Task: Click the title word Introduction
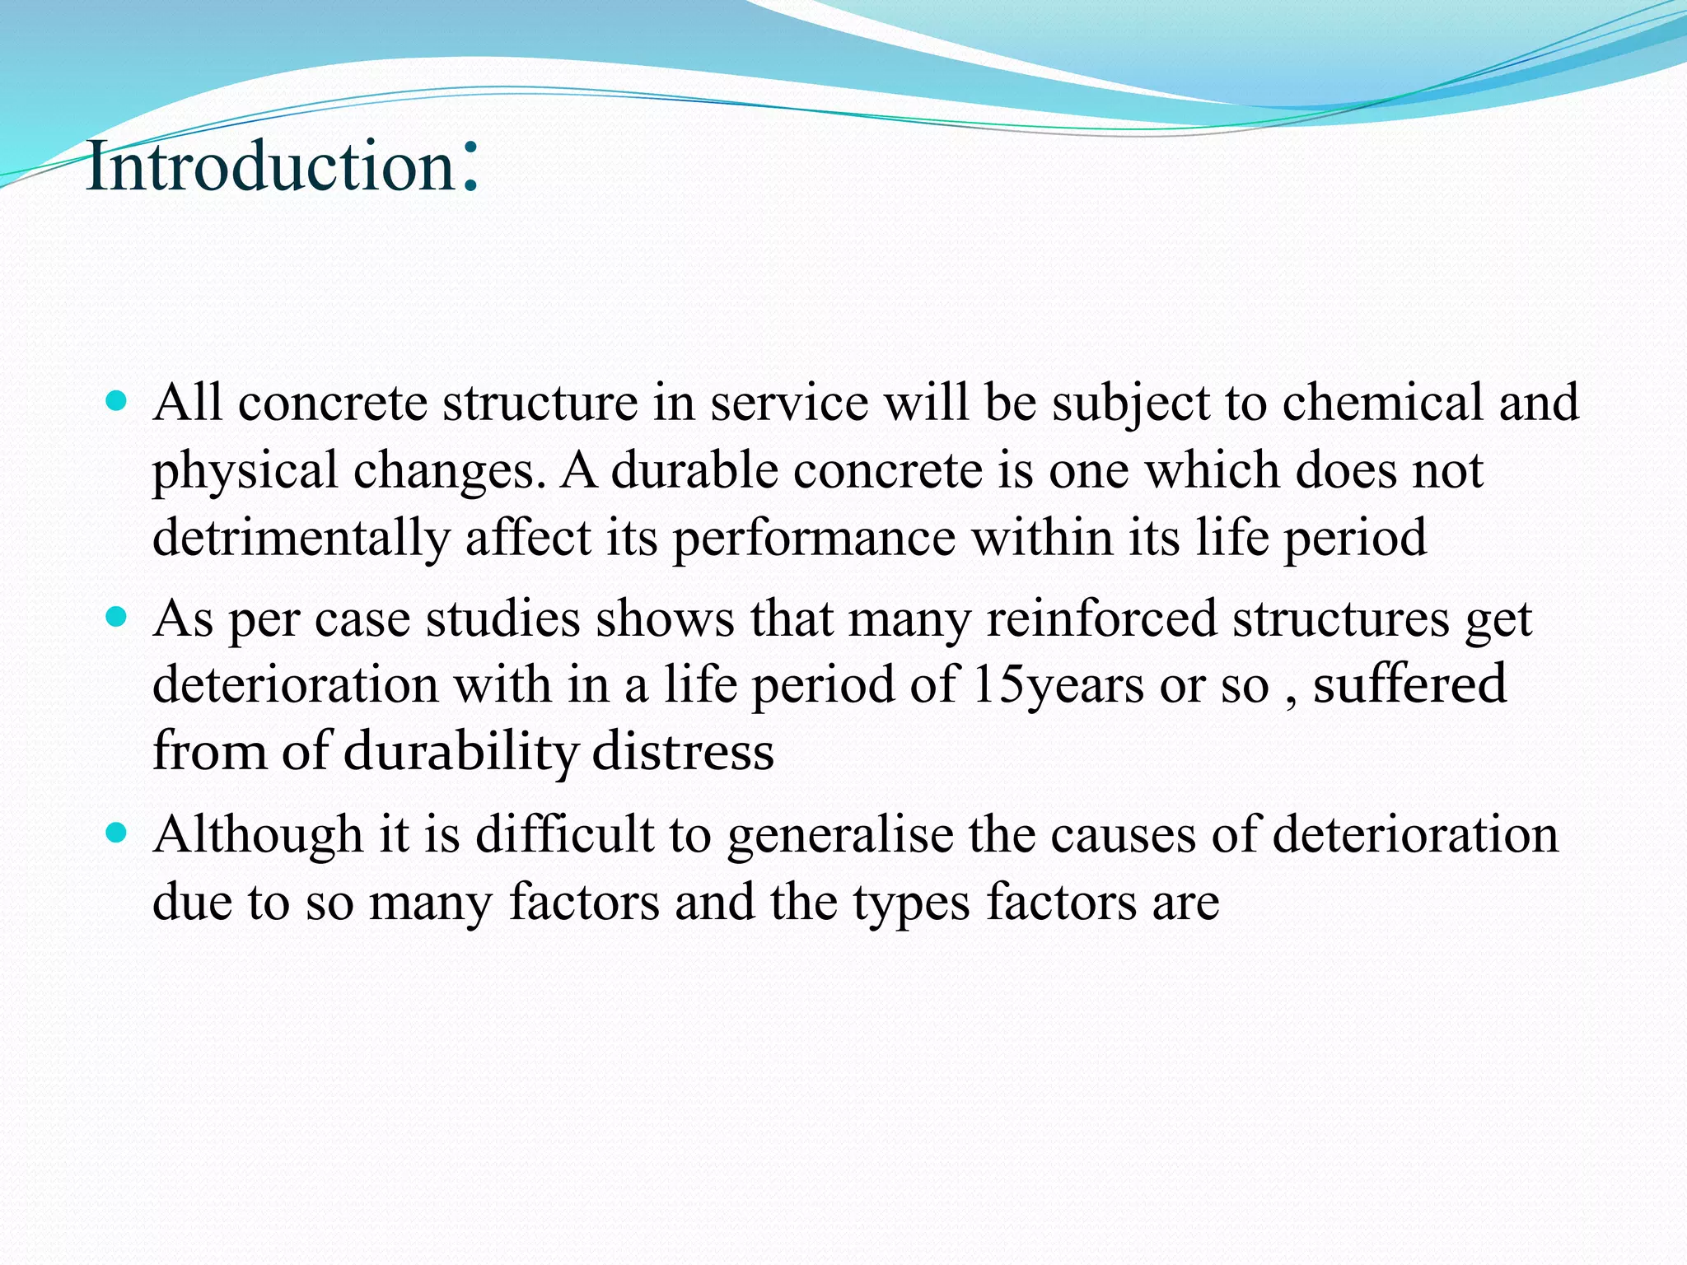[270, 166]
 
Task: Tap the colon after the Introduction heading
[470, 166]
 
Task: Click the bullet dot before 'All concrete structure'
[117, 402]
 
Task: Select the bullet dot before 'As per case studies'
[117, 617]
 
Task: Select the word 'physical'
[245, 472]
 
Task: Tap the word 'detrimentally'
[301, 538]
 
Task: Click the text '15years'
[1058, 686]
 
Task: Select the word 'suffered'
[1409, 684]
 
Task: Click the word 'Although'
[258, 835]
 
